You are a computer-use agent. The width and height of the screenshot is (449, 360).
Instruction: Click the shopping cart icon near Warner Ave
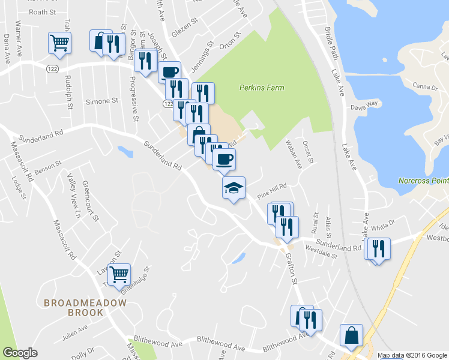59,43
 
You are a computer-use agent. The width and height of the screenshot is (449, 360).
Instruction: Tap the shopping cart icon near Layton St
119,274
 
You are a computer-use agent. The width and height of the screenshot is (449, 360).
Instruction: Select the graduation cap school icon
234,188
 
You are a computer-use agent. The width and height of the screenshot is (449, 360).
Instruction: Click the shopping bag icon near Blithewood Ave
351,335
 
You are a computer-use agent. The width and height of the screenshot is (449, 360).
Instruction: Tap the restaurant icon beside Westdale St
287,227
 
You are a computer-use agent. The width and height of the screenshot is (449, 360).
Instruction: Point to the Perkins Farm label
262,88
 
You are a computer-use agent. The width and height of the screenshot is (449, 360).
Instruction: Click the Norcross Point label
424,181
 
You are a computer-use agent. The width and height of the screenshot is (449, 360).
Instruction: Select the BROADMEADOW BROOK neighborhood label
85,308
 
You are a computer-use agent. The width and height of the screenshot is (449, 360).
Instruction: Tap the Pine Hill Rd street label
273,190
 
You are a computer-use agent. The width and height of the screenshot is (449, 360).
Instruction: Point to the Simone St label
101,101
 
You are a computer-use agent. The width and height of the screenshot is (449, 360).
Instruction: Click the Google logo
20,353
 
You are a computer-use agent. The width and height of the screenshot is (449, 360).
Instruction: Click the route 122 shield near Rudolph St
50,70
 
